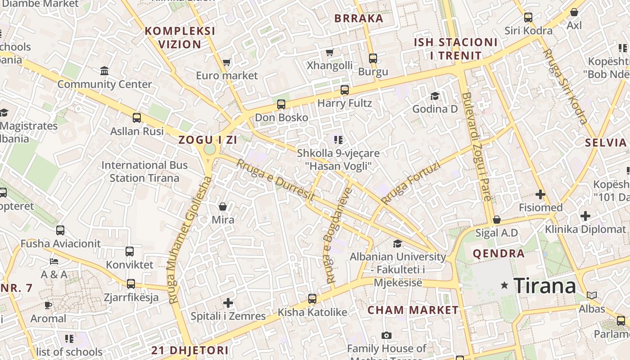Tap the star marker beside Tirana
click(x=505, y=285)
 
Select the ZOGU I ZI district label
click(x=207, y=139)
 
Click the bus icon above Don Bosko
click(x=281, y=104)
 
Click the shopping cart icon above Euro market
click(x=227, y=62)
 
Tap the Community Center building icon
click(x=105, y=71)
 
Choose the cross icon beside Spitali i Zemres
click(x=228, y=302)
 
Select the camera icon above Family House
click(x=386, y=335)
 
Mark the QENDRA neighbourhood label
click(x=499, y=253)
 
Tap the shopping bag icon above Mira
click(x=223, y=207)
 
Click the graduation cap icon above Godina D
click(x=435, y=96)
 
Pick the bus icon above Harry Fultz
click(x=345, y=90)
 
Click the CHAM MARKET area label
click(x=413, y=310)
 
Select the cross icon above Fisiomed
click(x=540, y=194)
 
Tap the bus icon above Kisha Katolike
click(x=312, y=298)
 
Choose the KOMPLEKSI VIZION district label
click(x=180, y=38)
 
